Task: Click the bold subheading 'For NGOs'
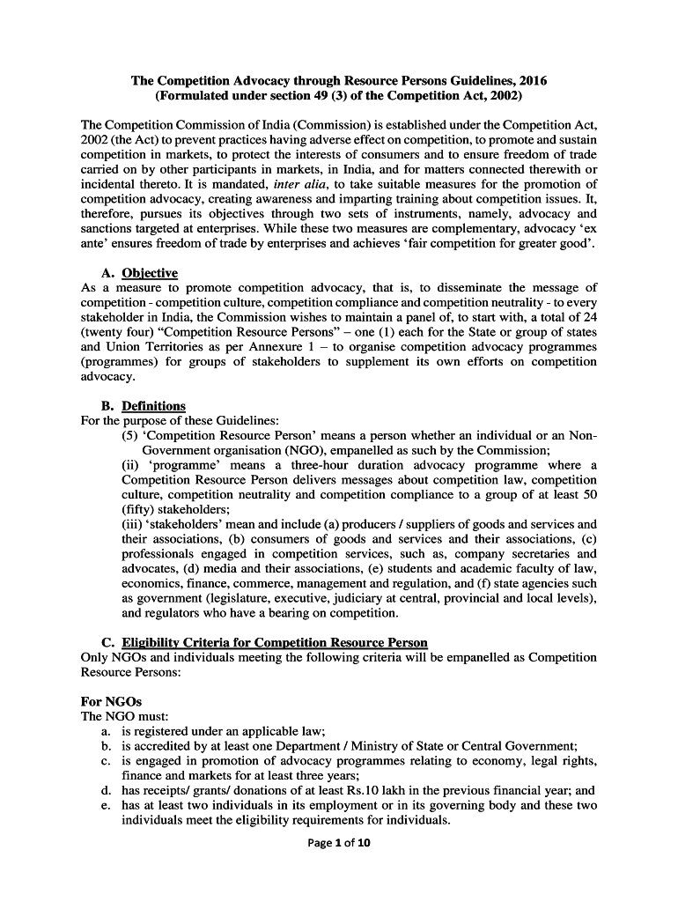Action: click(x=111, y=701)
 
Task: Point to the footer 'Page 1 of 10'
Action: click(x=339, y=843)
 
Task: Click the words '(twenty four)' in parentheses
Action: click(x=114, y=332)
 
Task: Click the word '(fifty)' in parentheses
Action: click(x=140, y=509)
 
